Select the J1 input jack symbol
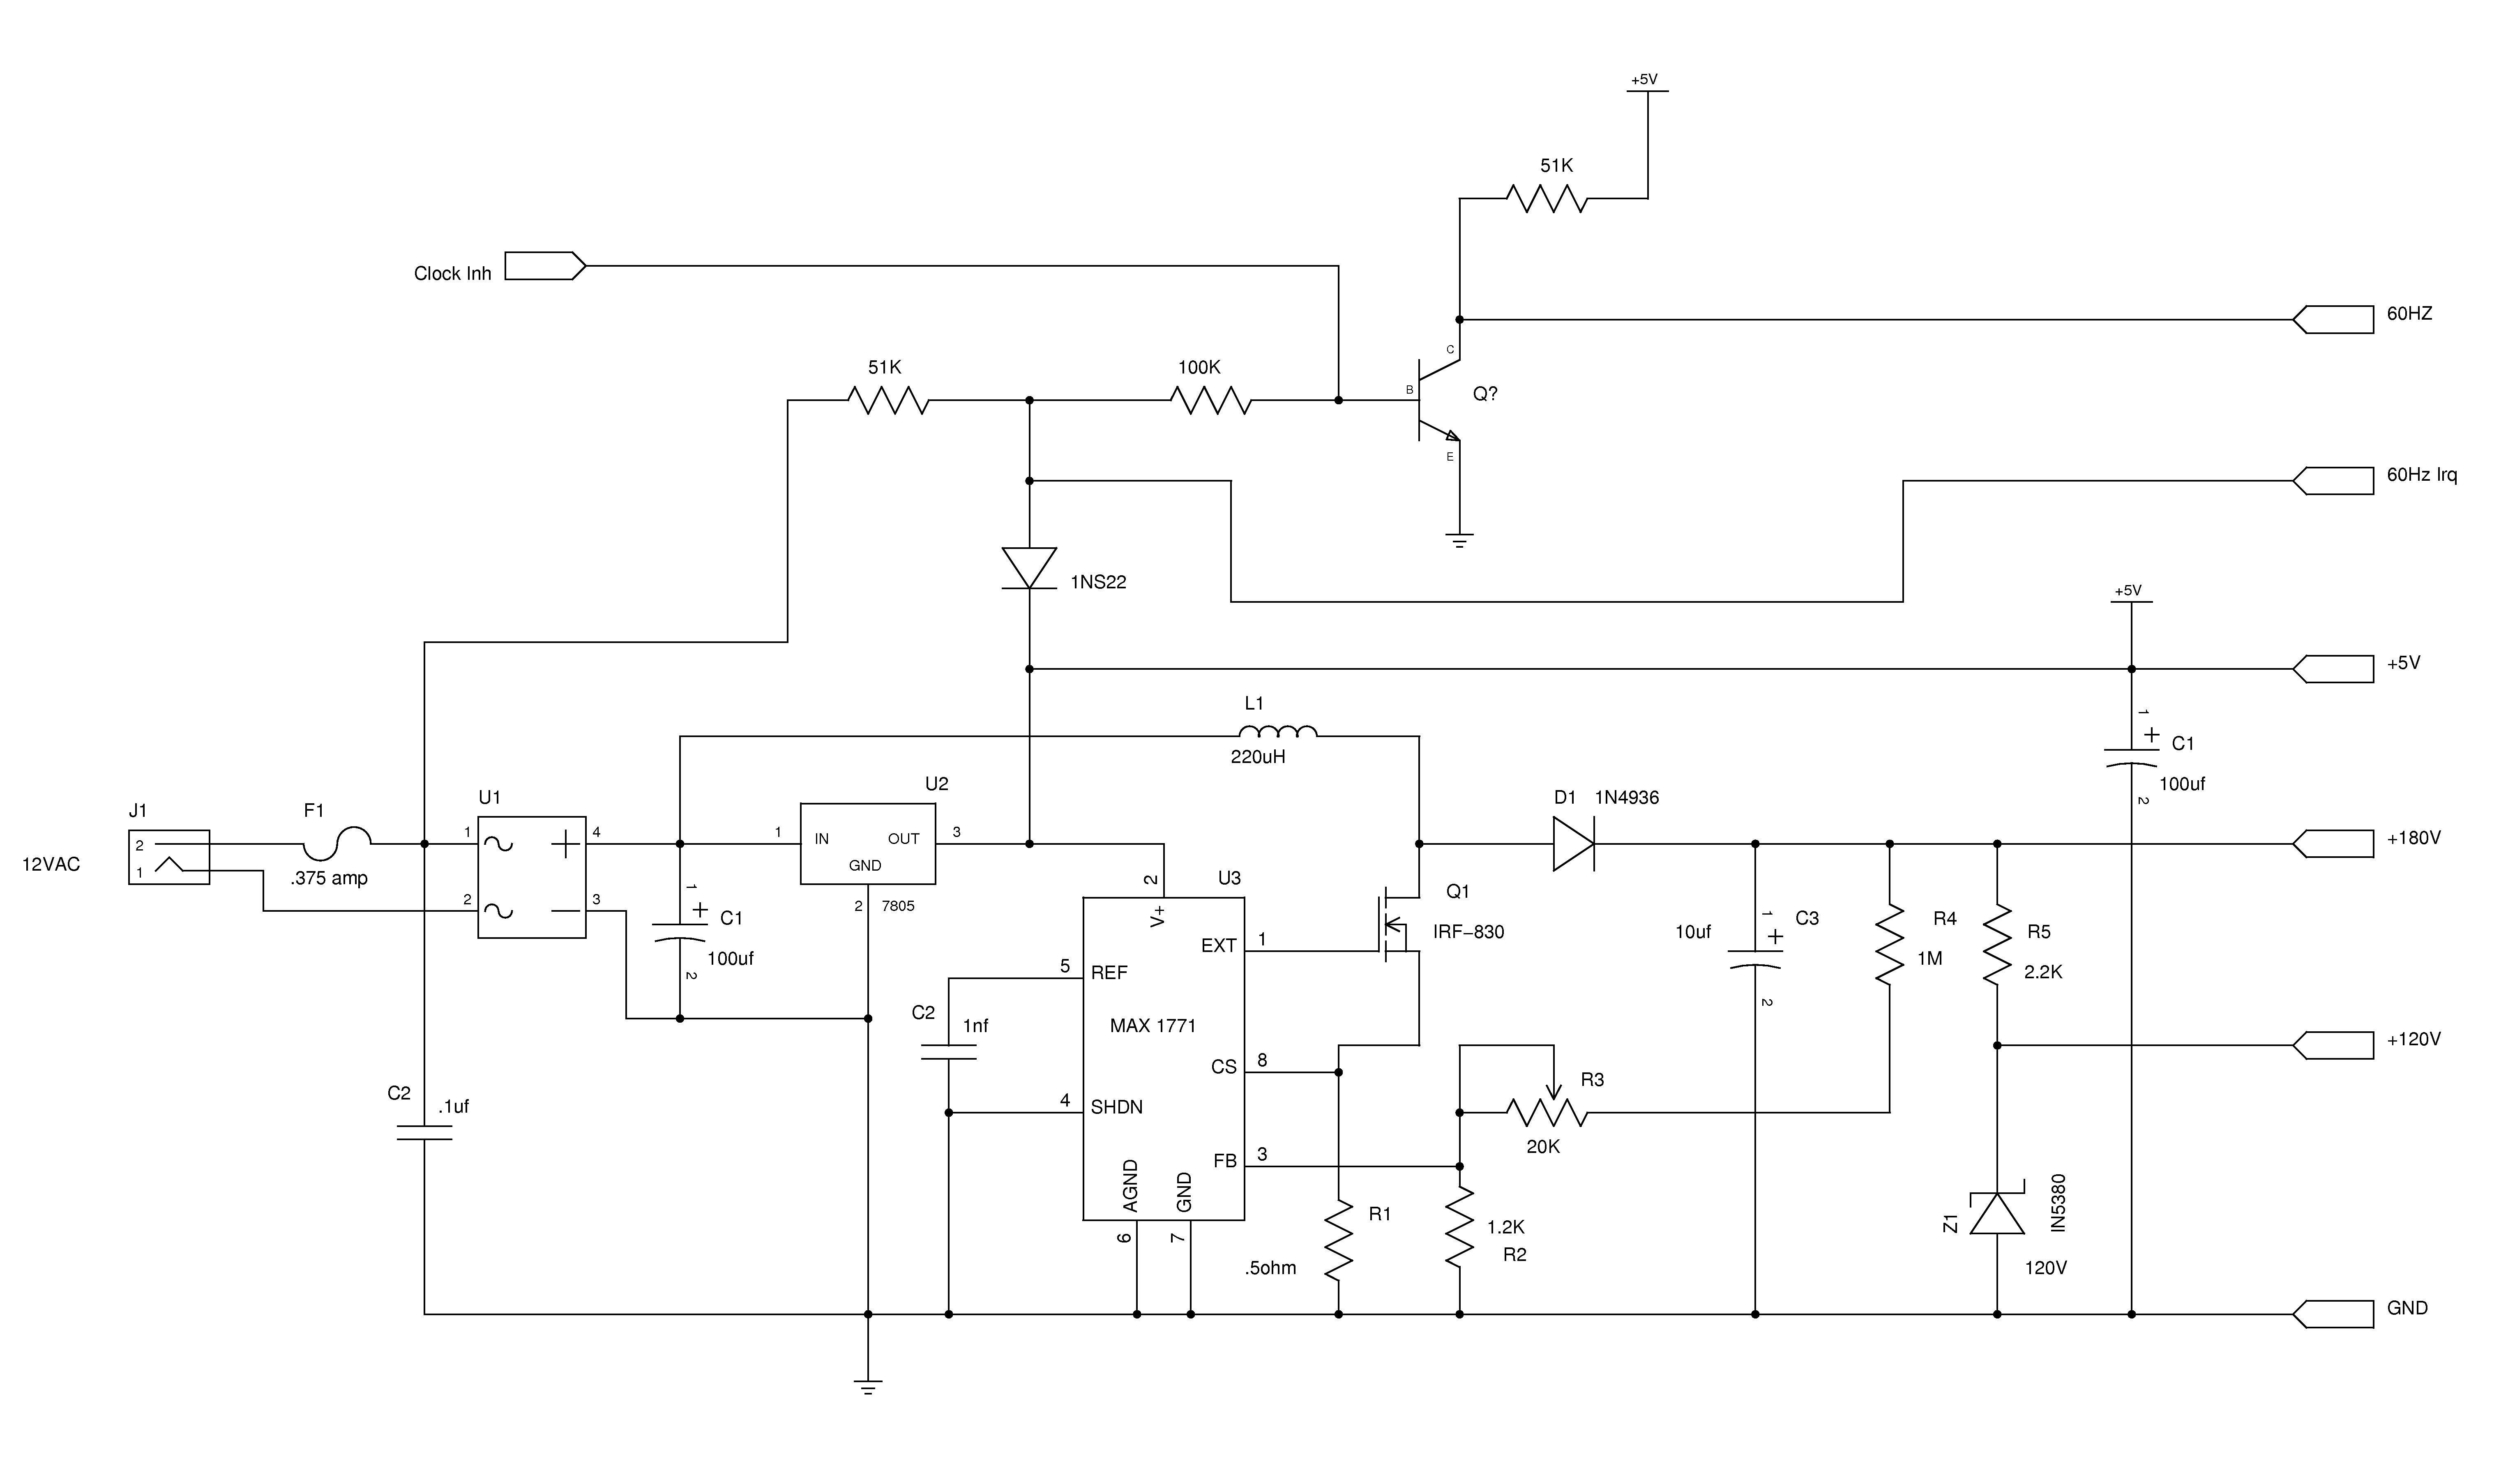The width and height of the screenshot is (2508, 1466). (169, 857)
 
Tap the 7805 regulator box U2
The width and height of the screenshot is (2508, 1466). (868, 844)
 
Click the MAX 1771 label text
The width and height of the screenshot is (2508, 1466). (1153, 1026)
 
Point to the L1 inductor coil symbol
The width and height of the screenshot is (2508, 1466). (1278, 731)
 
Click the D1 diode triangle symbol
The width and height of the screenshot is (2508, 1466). (1574, 844)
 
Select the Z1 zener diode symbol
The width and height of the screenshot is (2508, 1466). (1997, 1212)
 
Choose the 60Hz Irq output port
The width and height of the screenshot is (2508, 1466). (2334, 481)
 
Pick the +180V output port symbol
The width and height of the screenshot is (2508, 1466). (2334, 844)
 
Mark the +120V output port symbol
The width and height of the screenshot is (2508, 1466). (2334, 1045)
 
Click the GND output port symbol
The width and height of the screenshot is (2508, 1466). (2334, 1314)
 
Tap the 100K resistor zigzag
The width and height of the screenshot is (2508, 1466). (1210, 401)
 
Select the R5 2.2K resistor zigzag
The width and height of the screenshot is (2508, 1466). (1997, 945)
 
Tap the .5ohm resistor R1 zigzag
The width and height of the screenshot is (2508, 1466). (1339, 1240)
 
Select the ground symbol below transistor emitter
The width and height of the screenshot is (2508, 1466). (1459, 542)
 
